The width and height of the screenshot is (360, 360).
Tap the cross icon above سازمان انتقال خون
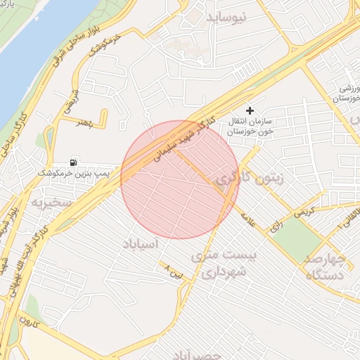click(250, 110)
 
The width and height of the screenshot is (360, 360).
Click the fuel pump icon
click(75, 161)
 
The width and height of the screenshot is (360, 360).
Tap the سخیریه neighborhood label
click(50, 202)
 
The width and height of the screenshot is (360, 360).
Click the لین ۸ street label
click(173, 271)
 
